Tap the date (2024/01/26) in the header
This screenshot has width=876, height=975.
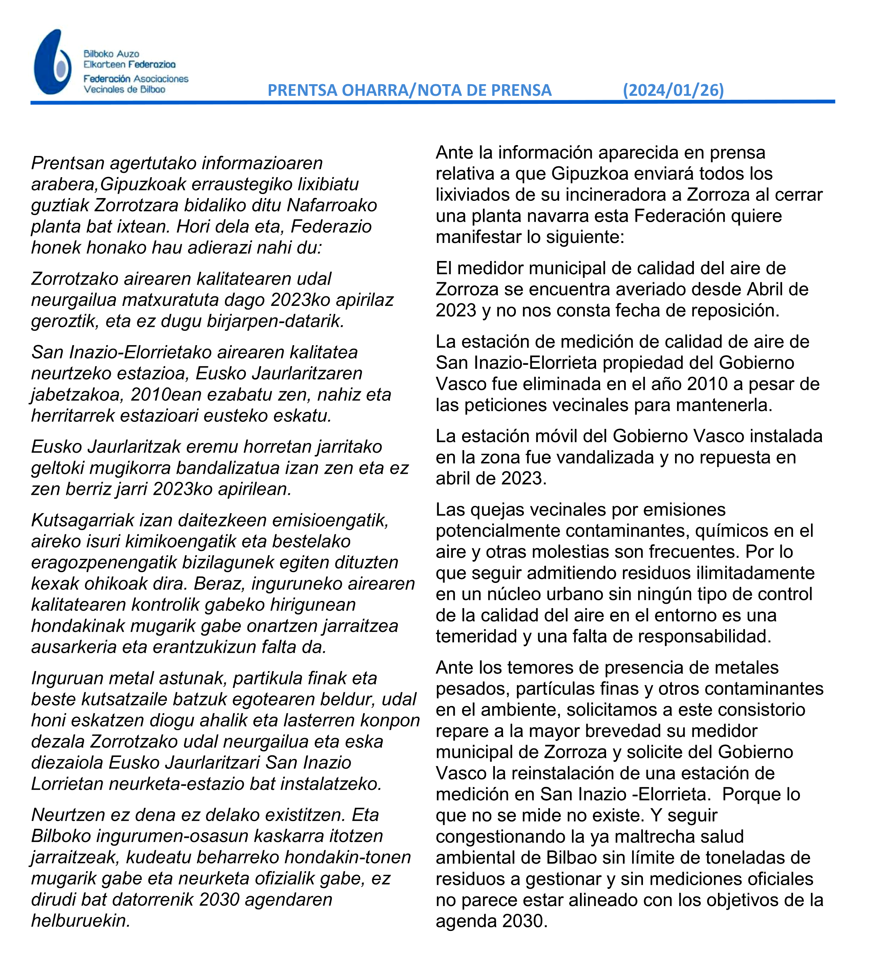click(x=673, y=90)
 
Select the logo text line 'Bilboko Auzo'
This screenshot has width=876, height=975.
click(x=111, y=54)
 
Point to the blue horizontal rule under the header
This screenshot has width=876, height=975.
click(x=433, y=102)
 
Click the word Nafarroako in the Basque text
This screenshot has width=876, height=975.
click(x=332, y=205)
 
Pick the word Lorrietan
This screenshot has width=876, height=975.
click(x=67, y=784)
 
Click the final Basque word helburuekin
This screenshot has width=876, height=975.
click(x=81, y=920)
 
